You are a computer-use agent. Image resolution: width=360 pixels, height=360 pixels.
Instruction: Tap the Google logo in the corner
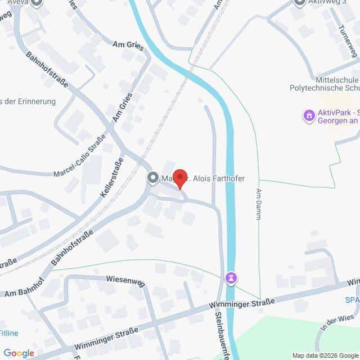(x=19, y=353)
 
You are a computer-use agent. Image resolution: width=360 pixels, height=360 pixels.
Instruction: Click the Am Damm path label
(x=259, y=204)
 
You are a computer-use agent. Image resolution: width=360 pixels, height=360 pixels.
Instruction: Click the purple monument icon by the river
(x=230, y=278)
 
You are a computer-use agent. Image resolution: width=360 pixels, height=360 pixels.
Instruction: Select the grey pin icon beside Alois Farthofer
(x=152, y=178)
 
